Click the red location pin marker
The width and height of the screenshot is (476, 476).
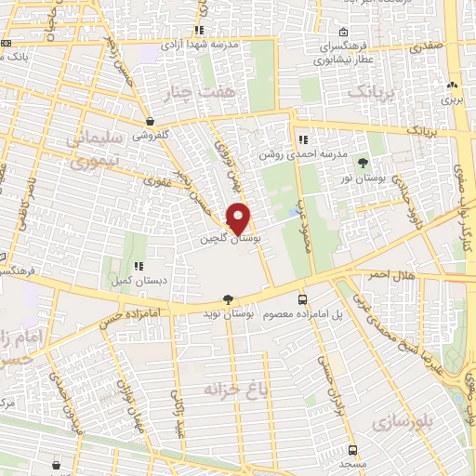click(x=239, y=218)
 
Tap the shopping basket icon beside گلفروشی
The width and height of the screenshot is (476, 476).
click(x=150, y=121)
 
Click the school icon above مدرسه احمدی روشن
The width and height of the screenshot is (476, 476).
click(x=302, y=140)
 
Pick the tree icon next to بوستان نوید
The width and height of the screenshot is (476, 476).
click(x=228, y=299)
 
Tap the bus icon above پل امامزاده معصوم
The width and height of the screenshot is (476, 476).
click(x=302, y=299)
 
